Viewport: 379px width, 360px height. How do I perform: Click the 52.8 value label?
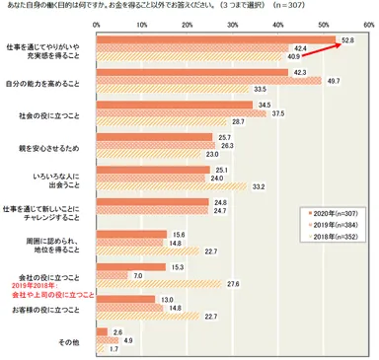347,38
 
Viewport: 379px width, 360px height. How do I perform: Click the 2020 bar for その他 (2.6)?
103,333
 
